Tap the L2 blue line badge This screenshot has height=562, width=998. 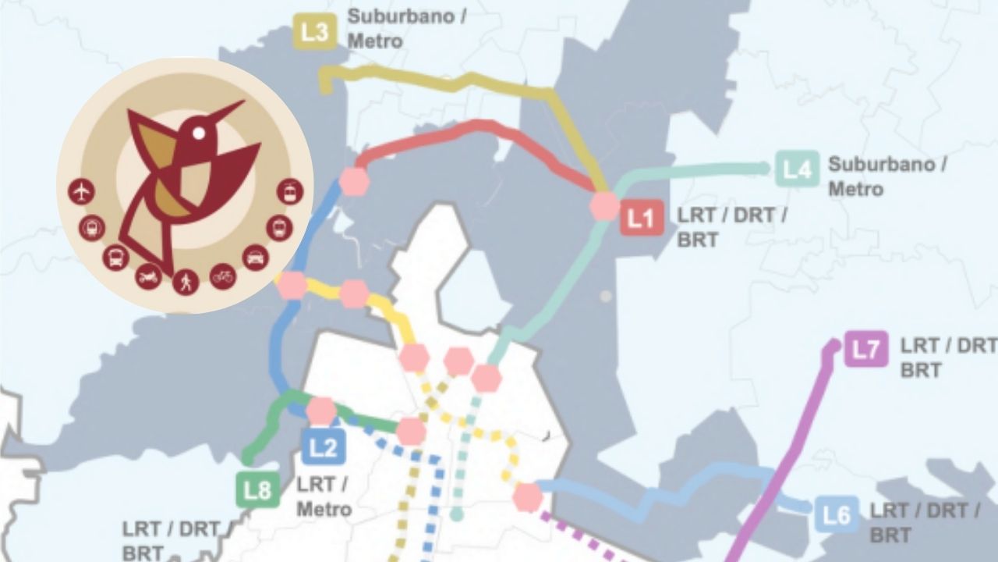323,448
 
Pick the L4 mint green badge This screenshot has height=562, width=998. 797,169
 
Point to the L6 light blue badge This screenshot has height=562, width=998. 837,515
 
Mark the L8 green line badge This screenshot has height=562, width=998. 257,491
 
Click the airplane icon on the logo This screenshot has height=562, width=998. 81,190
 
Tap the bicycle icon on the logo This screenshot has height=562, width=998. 223,276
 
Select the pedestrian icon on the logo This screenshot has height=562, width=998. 186,282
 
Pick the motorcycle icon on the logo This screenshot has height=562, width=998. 148,276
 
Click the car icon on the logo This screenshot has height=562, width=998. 256,256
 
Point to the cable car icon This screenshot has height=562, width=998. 290,190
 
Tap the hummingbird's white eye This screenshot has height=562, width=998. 199,133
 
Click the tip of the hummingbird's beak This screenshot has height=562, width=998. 242,102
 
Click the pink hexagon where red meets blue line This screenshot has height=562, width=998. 355,181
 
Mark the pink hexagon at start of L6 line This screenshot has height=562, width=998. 528,496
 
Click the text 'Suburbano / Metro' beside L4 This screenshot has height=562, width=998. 887,176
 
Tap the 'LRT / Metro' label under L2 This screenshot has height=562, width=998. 323,497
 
